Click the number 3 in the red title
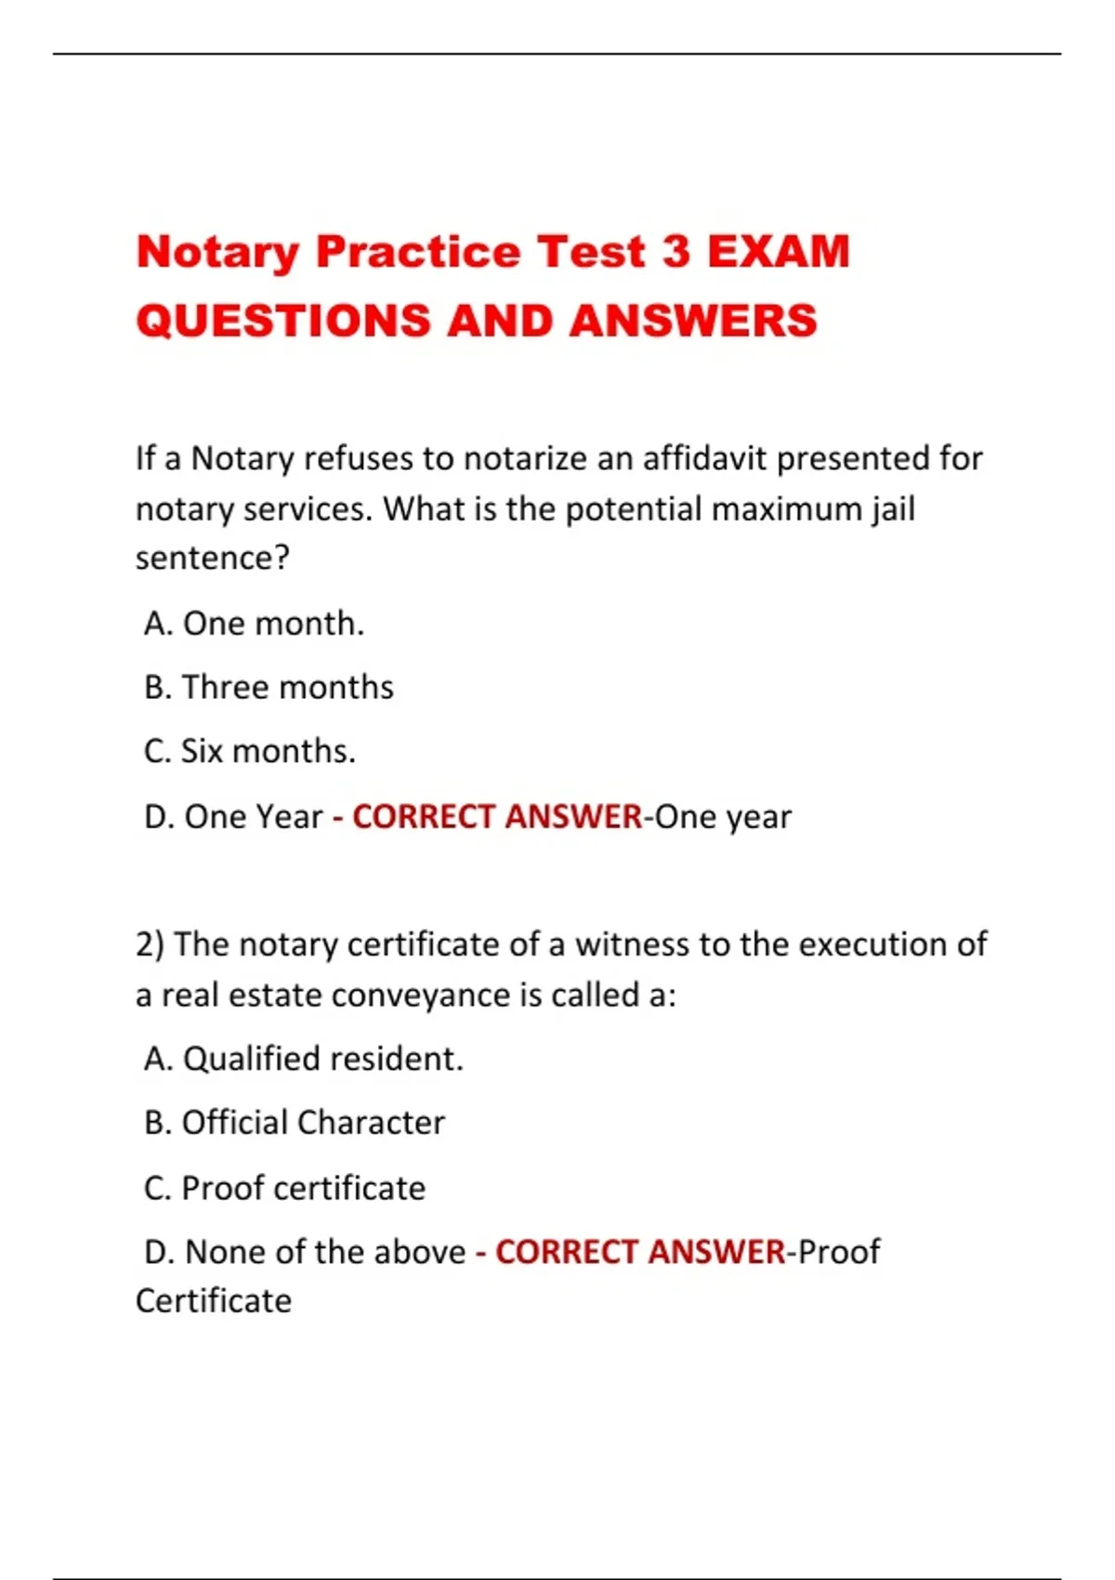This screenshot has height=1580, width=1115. click(x=676, y=252)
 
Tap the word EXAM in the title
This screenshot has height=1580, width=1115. click(x=779, y=252)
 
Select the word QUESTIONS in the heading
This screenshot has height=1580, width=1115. click(x=283, y=322)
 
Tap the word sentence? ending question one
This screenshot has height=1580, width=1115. click(x=213, y=558)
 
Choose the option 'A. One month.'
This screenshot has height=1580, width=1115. click(x=255, y=624)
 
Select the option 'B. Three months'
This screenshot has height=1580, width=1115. click(x=269, y=688)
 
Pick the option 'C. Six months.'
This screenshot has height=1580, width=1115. click(x=250, y=751)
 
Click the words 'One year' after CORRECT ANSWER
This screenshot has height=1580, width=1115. click(x=723, y=817)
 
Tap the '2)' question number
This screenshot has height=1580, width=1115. click(x=150, y=944)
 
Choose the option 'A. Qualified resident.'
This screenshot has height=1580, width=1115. click(x=304, y=1059)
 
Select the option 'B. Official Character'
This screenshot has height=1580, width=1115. click(x=295, y=1123)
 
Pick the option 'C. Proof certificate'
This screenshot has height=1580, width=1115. click(x=284, y=1188)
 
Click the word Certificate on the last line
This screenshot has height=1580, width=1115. click(x=214, y=1301)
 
